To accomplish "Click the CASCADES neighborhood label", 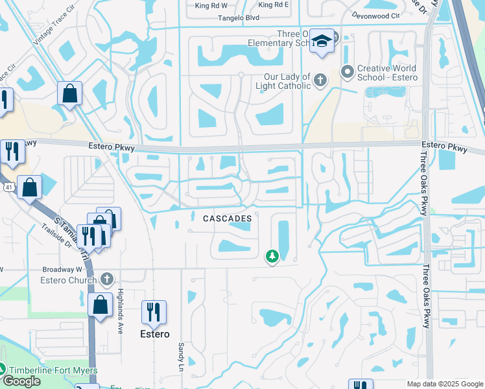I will click(x=227, y=219).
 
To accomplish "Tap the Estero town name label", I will click(x=155, y=334).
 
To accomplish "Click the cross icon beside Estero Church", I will click(x=107, y=279).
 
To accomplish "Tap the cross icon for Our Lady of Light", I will click(x=320, y=81).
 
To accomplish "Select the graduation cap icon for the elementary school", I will click(x=321, y=41).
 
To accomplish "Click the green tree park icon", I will click(x=272, y=257).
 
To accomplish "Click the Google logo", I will click(x=21, y=381).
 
